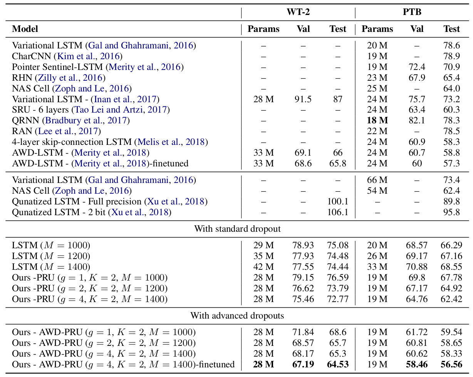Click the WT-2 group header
tap(298, 12)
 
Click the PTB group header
tap(412, 12)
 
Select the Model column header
tap(25, 29)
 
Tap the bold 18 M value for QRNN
tap(377, 120)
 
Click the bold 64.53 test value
tap(337, 364)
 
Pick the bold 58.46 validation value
tap(416, 364)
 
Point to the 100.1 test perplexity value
tap(337, 201)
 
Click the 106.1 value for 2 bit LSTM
tap(337, 212)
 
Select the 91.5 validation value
tap(303, 99)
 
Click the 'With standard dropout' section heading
tap(237, 229)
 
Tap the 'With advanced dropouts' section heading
tap(237, 316)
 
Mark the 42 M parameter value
tap(263, 267)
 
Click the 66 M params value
tap(377, 180)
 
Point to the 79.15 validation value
tap(303, 277)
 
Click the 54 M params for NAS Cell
tap(377, 191)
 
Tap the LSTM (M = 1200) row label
tap(51, 256)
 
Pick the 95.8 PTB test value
tap(451, 212)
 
